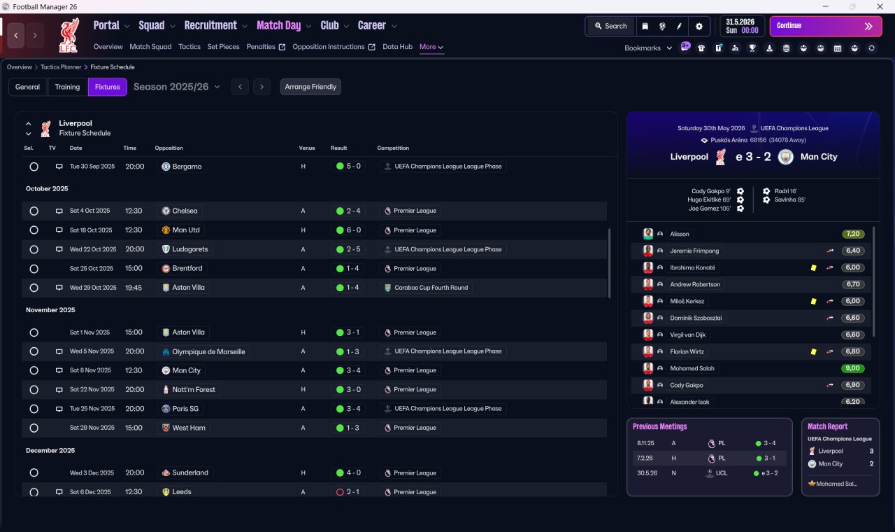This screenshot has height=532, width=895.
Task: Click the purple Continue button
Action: tap(826, 26)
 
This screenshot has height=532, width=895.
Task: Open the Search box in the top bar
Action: tap(611, 26)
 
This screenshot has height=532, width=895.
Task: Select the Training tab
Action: tap(67, 87)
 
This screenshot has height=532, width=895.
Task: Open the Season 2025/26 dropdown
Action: tap(177, 87)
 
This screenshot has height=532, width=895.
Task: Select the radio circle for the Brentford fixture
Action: tap(34, 269)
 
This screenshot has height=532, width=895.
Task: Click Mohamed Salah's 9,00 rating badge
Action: tap(852, 368)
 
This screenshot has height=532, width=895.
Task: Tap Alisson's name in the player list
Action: tap(679, 234)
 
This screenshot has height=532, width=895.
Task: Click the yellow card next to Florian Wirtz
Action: tap(813, 351)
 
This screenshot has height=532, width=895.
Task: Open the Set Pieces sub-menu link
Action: tap(223, 47)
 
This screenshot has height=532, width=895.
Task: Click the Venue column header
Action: tap(307, 148)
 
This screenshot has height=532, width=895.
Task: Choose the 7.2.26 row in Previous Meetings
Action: tap(710, 458)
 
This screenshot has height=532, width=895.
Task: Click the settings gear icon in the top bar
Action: tap(699, 27)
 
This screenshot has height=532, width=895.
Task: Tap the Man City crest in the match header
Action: tap(785, 157)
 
